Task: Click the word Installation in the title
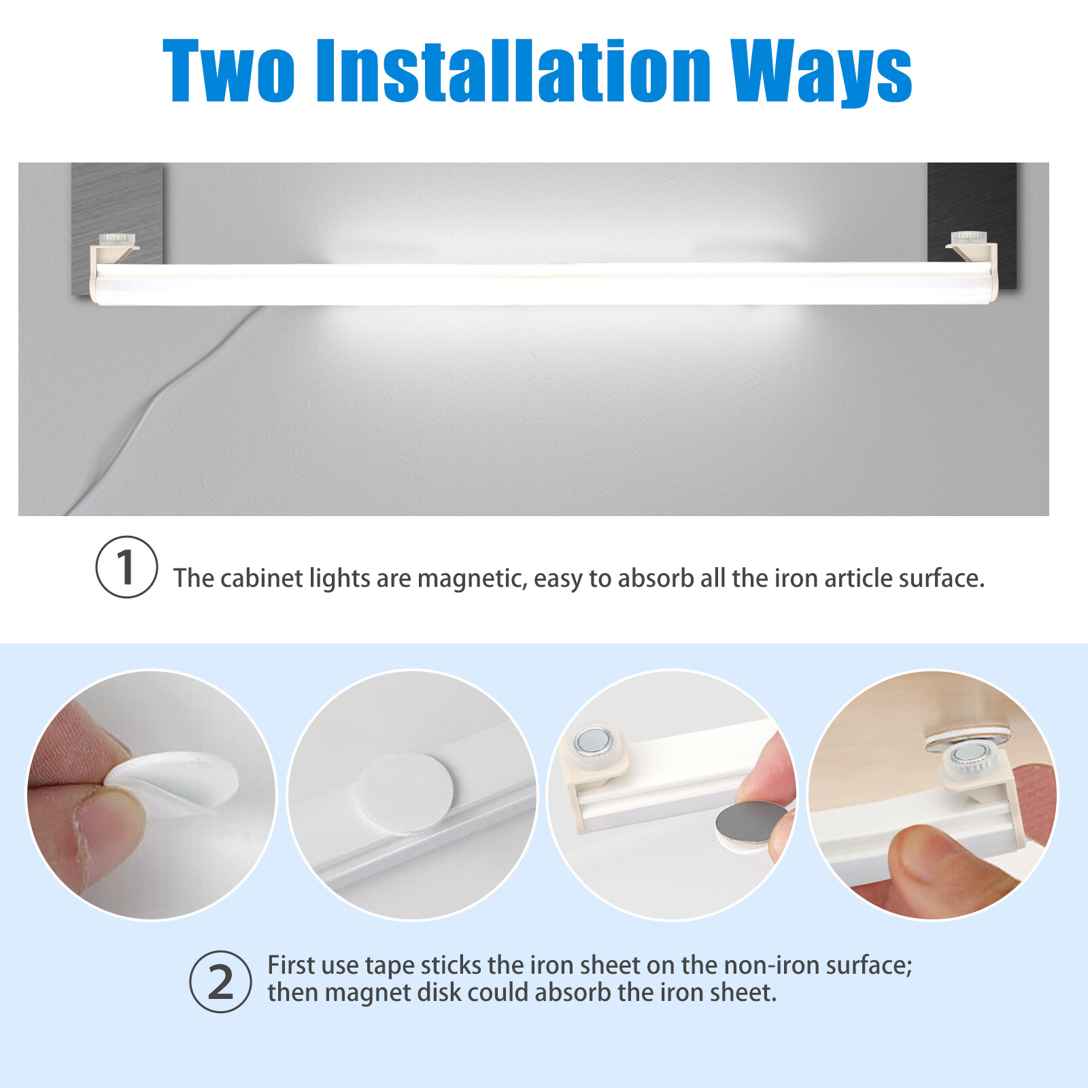[x=513, y=71]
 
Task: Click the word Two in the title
[x=228, y=71]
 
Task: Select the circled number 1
[x=126, y=567]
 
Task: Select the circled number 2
[x=220, y=982]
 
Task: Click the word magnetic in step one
[x=471, y=579]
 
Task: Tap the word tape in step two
[x=390, y=966]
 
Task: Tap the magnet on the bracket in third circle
[x=593, y=741]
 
